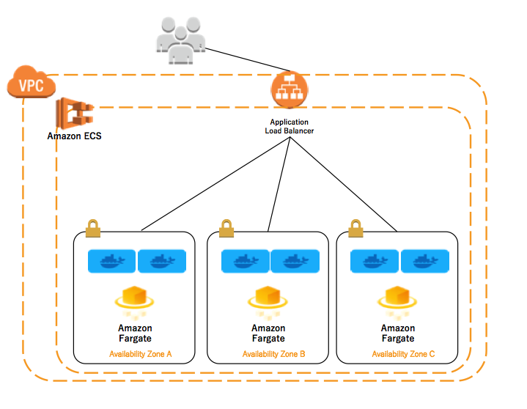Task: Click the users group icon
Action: coord(178,42)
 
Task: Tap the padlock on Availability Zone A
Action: coord(93,228)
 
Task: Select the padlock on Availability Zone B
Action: coord(227,228)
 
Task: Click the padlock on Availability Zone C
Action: coord(356,228)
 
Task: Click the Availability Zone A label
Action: coord(140,354)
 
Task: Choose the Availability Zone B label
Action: coord(273,354)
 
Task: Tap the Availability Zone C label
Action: coord(402,354)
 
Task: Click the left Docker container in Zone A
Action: coord(111,261)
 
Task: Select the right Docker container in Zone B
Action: coord(294,261)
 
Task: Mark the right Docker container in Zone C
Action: coord(423,261)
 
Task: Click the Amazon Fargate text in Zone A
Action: coord(135,333)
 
